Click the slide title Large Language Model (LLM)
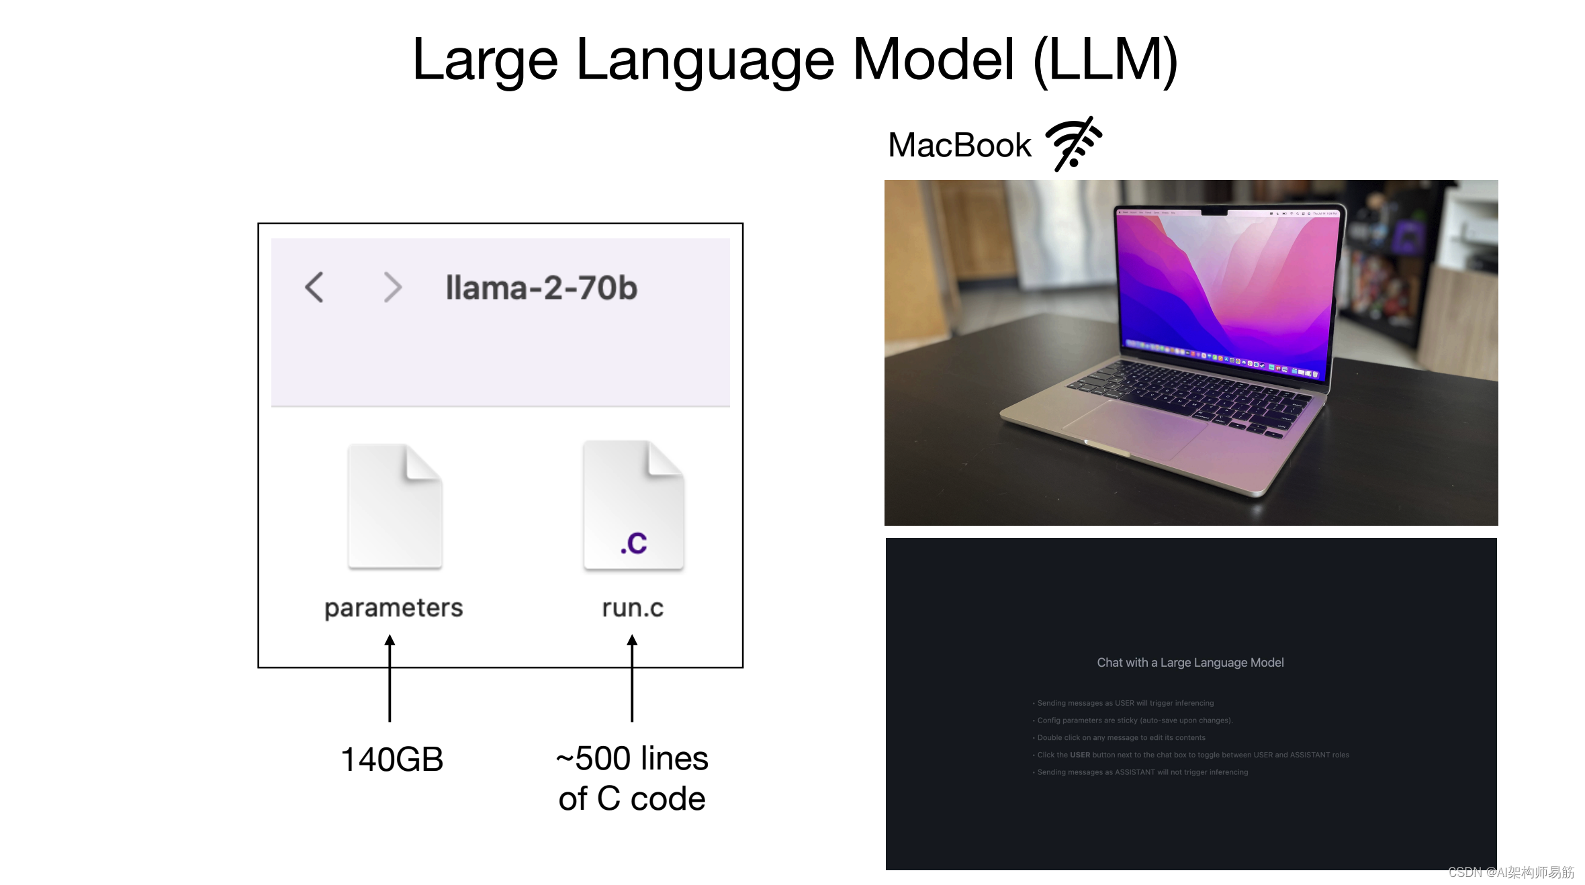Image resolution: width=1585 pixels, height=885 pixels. (x=795, y=60)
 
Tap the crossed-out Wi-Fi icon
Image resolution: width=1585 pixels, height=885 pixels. (x=1073, y=144)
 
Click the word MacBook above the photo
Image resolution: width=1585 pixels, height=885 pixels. (x=959, y=145)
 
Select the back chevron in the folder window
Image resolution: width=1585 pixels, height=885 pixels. (x=314, y=287)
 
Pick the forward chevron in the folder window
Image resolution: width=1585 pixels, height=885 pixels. (x=392, y=287)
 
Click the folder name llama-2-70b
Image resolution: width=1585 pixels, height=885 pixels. (x=541, y=288)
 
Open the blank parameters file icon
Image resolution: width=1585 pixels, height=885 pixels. (x=395, y=506)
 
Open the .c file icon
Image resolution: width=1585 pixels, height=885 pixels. (x=633, y=505)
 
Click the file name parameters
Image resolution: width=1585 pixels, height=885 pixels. (x=394, y=608)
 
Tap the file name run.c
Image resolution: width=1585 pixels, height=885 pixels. (x=633, y=608)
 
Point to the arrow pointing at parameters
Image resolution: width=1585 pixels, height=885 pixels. (x=390, y=678)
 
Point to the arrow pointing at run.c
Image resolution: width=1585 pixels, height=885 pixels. (x=632, y=678)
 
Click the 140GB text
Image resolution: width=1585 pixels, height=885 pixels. (x=392, y=759)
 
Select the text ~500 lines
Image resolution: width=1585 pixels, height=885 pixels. (x=632, y=759)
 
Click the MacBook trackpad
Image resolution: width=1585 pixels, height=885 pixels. (x=1135, y=430)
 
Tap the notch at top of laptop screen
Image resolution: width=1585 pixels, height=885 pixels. (x=1214, y=212)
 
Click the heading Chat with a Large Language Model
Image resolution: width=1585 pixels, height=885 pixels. (x=1190, y=663)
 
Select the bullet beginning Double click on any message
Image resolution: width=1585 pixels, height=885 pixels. (x=1121, y=737)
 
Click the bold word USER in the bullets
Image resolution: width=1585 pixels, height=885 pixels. (x=1080, y=755)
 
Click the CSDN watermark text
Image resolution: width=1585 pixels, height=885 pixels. (x=1510, y=872)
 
